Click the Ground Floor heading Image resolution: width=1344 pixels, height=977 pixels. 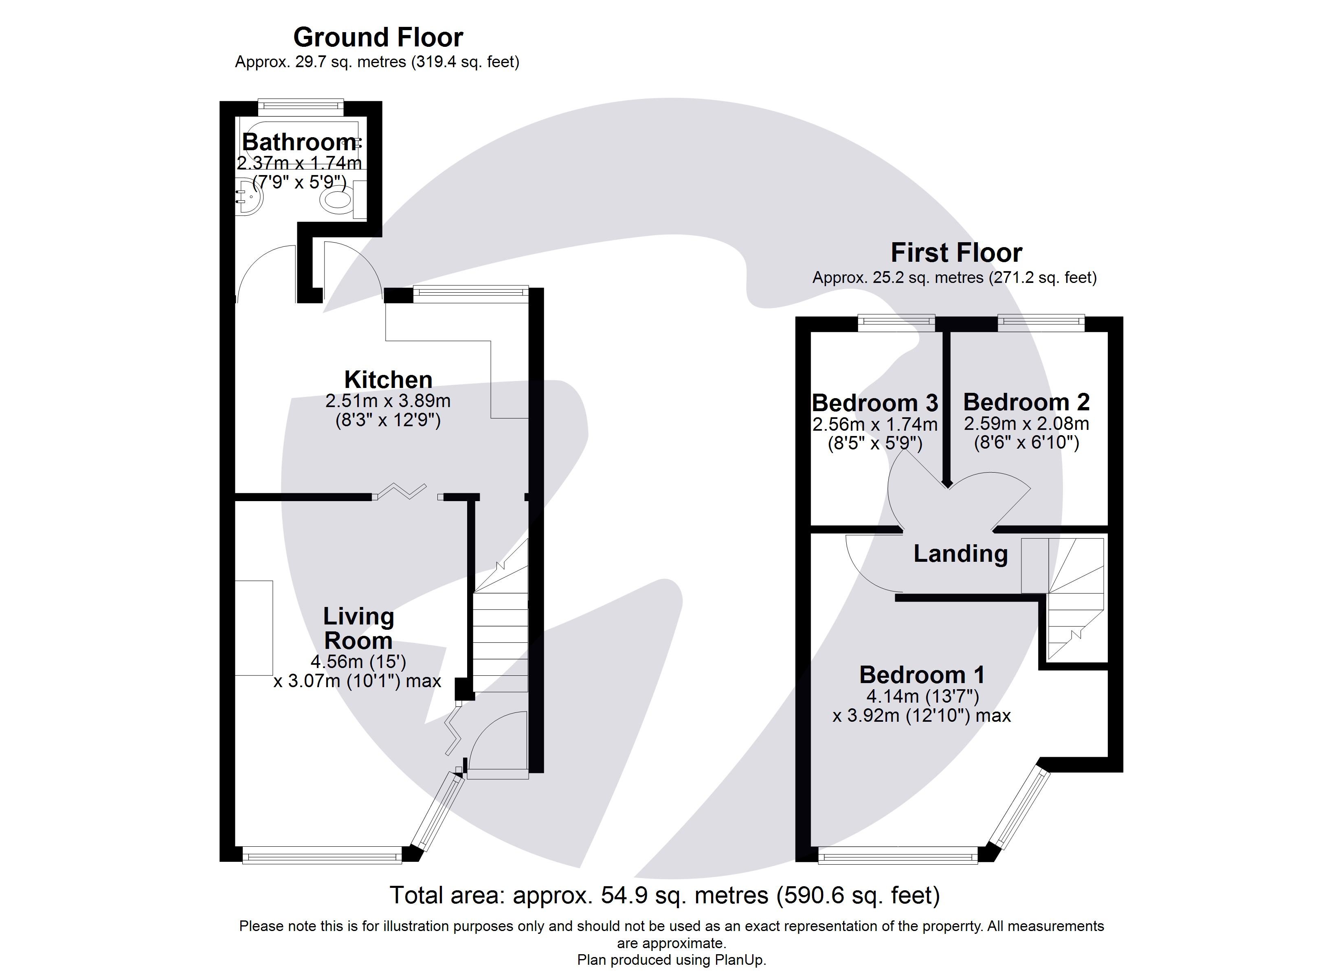click(x=378, y=37)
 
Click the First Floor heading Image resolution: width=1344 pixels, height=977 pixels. click(x=956, y=253)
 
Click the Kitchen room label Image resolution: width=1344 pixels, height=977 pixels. click(x=388, y=379)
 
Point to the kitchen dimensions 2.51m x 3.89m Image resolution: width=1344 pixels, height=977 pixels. click(x=388, y=401)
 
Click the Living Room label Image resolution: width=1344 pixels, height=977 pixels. click(x=358, y=629)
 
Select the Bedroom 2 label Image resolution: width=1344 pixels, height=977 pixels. click(x=1026, y=402)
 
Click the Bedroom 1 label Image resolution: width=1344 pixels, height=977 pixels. click(x=922, y=675)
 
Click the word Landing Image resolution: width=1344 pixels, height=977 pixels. click(x=960, y=553)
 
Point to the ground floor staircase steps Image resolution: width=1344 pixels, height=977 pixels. click(x=500, y=643)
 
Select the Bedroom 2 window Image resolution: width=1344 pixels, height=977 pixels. click(x=1041, y=322)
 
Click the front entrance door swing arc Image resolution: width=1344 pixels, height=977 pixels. click(x=495, y=740)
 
